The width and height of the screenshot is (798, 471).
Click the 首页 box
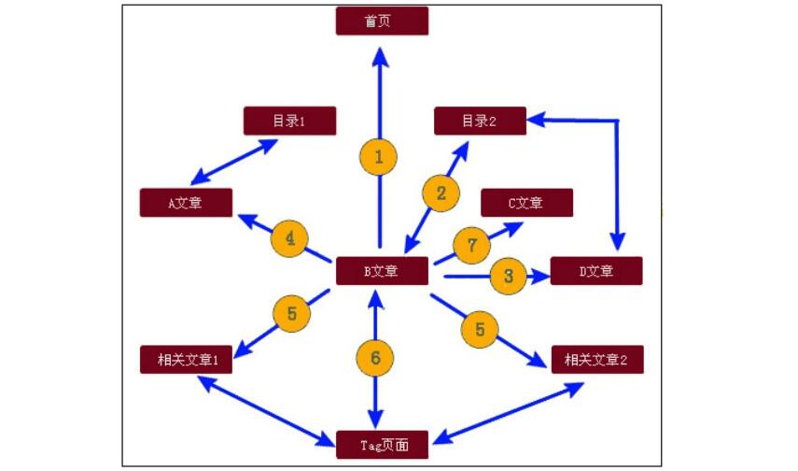coord(382,21)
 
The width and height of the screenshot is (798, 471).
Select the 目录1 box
coord(289,121)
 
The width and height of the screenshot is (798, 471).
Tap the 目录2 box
coord(480,121)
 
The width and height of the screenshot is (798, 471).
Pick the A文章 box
coord(186,202)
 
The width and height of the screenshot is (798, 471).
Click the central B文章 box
coord(382,271)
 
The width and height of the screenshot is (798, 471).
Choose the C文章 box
coord(526,202)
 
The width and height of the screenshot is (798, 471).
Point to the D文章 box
coord(596,271)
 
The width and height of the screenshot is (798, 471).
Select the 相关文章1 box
coord(186,359)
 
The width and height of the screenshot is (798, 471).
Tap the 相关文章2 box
coord(596,359)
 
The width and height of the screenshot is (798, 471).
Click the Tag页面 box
coord(382,445)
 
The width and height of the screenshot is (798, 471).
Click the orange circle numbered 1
coord(378,158)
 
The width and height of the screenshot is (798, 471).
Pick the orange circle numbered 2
coord(441,193)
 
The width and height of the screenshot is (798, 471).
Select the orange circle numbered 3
coord(508,276)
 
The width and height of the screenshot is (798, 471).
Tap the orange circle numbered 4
coord(290,240)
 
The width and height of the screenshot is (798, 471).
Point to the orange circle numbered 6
coord(375,356)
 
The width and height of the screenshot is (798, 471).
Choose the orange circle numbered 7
coord(472,246)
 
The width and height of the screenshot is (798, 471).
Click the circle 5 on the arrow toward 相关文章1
coord(291,314)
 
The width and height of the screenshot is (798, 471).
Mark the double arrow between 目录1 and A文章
coord(235,161)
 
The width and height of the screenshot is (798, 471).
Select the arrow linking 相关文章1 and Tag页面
coord(266,408)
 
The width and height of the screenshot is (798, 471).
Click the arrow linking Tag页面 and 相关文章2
coord(509,412)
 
